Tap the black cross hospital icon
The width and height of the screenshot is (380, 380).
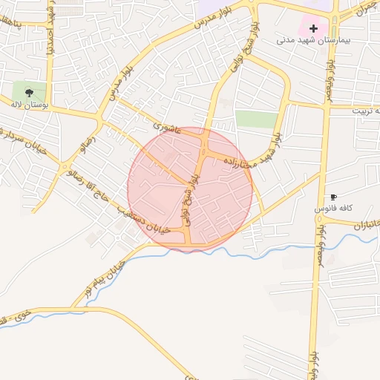click(314, 29)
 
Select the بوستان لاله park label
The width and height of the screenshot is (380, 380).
click(29, 105)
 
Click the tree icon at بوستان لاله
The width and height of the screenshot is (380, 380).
click(28, 93)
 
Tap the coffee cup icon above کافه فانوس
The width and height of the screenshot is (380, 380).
click(333, 197)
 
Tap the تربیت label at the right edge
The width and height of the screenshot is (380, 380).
click(367, 110)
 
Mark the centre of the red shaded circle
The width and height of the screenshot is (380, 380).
click(190, 189)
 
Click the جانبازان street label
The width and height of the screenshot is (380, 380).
click(364, 223)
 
